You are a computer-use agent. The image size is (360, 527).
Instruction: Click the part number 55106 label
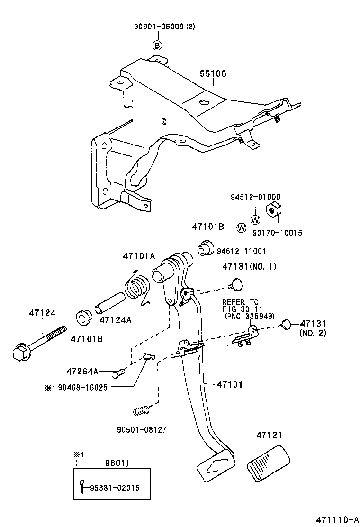coord(213,74)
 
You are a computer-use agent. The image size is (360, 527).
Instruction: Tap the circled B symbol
coord(157,45)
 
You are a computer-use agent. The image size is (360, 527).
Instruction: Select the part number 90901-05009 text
coord(156,27)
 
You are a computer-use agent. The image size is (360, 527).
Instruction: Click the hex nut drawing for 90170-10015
coord(273,208)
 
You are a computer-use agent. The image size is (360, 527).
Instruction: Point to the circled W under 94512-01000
coord(255,219)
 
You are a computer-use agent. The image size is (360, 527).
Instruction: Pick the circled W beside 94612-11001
coord(241,228)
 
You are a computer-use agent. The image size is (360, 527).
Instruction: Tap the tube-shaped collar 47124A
coord(109,303)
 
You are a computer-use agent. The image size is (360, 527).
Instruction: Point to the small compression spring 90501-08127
coord(142,410)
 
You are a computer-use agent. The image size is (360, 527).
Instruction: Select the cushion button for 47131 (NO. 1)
coord(235,283)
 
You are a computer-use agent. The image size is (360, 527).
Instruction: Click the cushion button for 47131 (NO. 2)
coord(286,324)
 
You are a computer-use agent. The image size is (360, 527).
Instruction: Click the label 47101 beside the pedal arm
coord(229,385)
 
